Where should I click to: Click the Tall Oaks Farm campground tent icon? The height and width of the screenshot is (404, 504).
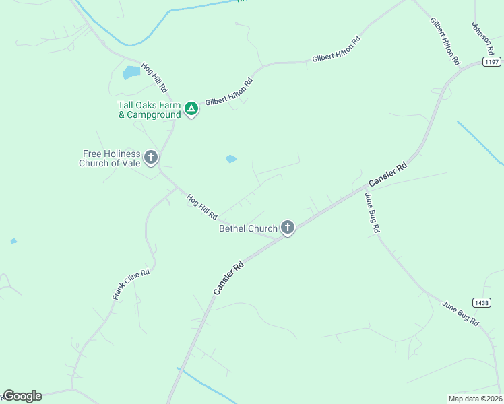click(191, 108)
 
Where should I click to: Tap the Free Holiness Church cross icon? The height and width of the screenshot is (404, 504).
click(151, 158)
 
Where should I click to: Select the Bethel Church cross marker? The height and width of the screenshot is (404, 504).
click(288, 228)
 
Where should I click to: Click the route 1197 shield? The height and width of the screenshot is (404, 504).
click(492, 61)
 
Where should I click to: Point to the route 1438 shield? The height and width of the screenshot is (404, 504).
click(481, 303)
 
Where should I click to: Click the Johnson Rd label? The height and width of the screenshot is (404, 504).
click(482, 38)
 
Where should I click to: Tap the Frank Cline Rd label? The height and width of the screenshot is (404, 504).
click(131, 282)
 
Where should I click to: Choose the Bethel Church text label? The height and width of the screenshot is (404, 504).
click(248, 228)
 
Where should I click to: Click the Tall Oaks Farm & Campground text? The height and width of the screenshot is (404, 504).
click(150, 110)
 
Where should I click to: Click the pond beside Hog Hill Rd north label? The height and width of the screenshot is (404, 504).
click(131, 72)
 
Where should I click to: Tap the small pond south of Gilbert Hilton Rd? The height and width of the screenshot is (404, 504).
click(231, 159)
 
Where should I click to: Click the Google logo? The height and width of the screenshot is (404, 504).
click(22, 396)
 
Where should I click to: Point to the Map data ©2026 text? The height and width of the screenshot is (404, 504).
click(475, 398)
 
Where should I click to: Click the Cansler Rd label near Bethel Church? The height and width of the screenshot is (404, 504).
click(228, 277)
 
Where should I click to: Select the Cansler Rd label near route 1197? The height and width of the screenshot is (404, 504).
click(389, 175)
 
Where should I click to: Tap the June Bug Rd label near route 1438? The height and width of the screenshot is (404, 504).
click(460, 314)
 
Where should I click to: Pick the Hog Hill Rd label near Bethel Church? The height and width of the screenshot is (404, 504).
click(202, 205)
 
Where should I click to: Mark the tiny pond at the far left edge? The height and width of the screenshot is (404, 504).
click(13, 241)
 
